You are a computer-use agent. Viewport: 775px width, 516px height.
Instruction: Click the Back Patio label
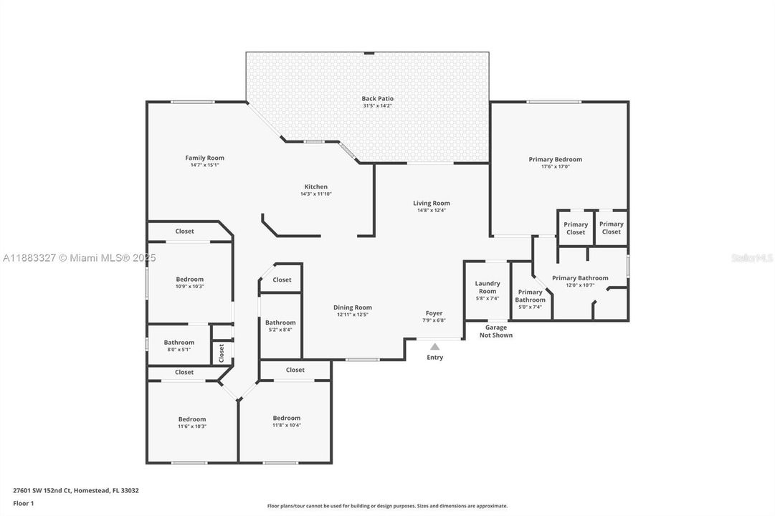coord(377,99)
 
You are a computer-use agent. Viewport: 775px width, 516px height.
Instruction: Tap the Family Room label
coord(204,158)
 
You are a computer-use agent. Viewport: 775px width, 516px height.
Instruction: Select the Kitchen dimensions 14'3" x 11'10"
coord(315,193)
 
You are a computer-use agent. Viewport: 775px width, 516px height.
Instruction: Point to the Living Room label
coord(431,204)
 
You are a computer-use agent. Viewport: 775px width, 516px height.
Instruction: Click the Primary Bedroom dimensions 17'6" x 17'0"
coord(555,167)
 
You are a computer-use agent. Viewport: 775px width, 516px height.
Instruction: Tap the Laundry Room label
coord(487,287)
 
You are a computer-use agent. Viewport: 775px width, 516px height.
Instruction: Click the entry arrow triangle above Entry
coord(434,347)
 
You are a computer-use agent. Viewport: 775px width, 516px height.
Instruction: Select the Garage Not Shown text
coord(495,331)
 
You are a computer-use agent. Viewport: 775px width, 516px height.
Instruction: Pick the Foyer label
coord(434,313)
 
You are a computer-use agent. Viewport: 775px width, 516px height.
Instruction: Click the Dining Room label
coord(353,307)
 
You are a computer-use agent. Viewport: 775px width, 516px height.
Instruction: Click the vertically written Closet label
coord(222,352)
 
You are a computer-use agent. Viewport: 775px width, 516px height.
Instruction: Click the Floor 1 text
coord(24,503)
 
